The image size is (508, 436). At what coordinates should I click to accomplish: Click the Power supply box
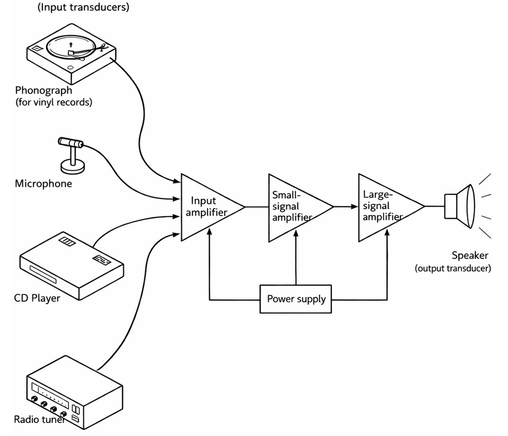coord(295,299)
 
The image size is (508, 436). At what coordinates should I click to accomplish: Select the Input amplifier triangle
coord(207,207)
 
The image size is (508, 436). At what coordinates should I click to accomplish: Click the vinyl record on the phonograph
coord(71,47)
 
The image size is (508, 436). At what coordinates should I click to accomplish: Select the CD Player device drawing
coord(71,265)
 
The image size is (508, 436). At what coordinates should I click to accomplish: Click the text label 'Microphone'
coord(43,184)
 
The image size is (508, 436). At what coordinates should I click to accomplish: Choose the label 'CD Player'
coord(37,298)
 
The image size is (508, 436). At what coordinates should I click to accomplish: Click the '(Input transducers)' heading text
coord(83,7)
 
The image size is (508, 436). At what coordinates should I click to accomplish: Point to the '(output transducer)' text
coord(453,268)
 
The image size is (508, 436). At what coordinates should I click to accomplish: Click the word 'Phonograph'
coord(43,90)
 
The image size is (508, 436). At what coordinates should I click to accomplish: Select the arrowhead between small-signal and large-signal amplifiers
coord(355,206)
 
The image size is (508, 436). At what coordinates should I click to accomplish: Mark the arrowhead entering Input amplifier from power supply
coord(209,231)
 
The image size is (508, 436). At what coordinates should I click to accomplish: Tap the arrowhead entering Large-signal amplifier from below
coord(387,232)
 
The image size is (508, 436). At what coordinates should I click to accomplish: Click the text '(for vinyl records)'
coord(54,103)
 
